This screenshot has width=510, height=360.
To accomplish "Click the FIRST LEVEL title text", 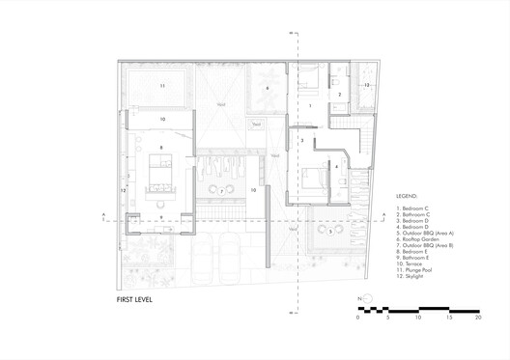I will (133, 299).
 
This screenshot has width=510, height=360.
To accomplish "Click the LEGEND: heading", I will (410, 195).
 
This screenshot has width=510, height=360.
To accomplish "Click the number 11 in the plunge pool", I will (162, 86).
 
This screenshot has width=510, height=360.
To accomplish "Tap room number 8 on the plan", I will (162, 147).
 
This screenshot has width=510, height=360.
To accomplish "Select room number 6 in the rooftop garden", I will (268, 88).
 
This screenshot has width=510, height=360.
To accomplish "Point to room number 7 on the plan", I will (221, 190).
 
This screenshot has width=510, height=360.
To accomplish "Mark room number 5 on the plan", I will (330, 232).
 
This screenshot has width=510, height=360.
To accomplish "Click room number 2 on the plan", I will (340, 94).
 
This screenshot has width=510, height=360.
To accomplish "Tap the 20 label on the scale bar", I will (477, 317).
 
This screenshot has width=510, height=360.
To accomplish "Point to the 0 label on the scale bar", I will (357, 317).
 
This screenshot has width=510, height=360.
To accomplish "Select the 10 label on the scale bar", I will (417, 317).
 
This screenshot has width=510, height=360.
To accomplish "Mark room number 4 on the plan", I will (336, 166).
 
